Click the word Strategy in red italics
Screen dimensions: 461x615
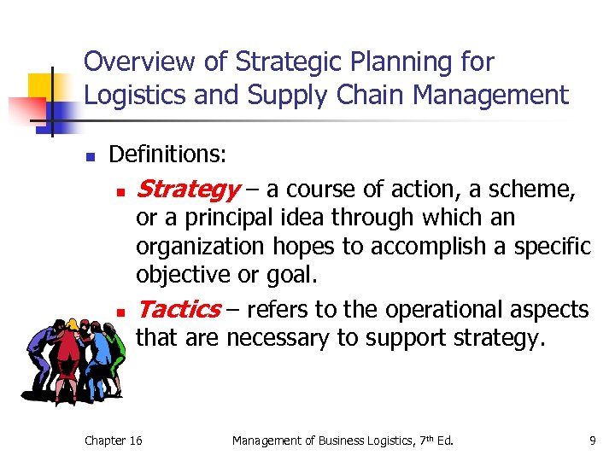[x=187, y=188]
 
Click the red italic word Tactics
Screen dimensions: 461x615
[x=177, y=309]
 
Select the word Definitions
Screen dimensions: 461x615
[x=167, y=155]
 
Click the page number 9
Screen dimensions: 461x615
[x=592, y=441]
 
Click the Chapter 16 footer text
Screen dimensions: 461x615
[x=114, y=441]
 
